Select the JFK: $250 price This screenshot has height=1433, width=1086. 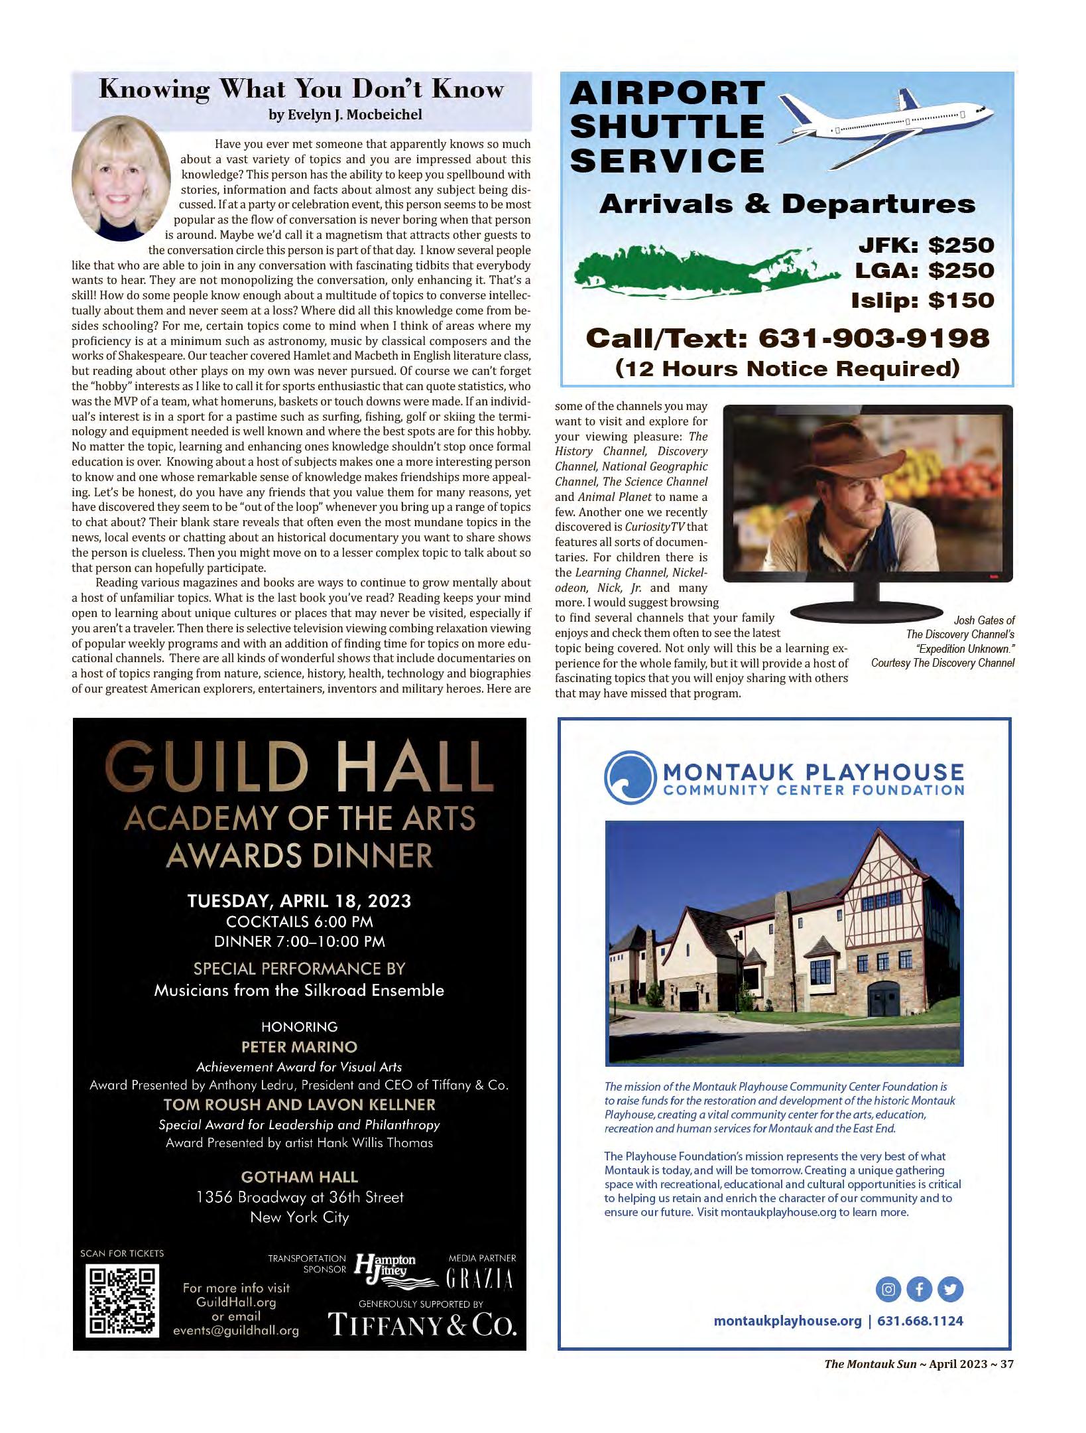tap(926, 245)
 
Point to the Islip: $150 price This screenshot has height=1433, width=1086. tap(922, 301)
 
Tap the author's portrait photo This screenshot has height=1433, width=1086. tap(121, 184)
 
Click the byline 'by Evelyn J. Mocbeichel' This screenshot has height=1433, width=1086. tap(345, 114)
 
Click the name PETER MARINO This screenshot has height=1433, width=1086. tap(299, 1047)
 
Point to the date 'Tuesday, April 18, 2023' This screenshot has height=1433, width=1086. tap(299, 900)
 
